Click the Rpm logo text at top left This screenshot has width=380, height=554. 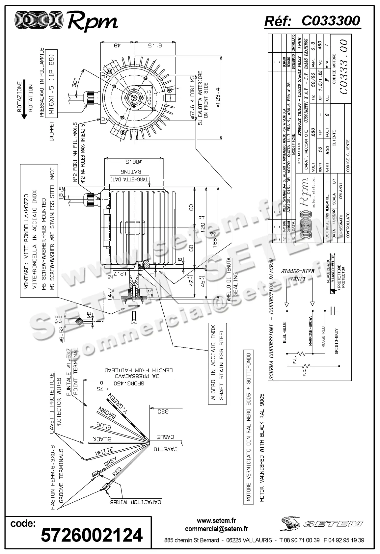click(93, 22)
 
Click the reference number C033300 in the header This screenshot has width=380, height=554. click(331, 21)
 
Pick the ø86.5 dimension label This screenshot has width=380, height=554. click(133, 162)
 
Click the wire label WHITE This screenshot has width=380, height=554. click(104, 452)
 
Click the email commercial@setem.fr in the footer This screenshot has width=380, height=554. click(216, 529)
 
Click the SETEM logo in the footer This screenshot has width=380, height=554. click(322, 523)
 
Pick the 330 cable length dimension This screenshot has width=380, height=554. click(164, 412)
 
